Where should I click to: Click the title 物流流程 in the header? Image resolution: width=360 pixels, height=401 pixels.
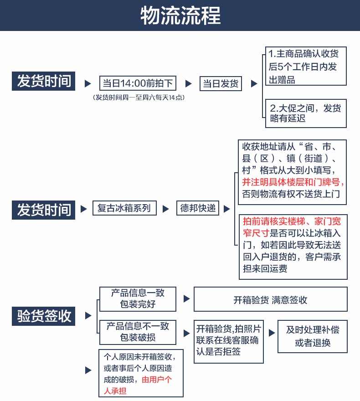180,15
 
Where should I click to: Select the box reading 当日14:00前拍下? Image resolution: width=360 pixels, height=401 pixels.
138,83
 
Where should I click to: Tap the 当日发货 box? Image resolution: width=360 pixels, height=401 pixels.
221,83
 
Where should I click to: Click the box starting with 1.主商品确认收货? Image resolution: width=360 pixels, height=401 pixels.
306,66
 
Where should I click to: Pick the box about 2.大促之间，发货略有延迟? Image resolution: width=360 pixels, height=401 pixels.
306,113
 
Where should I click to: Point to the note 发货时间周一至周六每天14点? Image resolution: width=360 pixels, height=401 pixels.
139,98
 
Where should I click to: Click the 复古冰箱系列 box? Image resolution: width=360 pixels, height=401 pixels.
124,208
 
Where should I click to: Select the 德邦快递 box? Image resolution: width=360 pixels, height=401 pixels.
198,208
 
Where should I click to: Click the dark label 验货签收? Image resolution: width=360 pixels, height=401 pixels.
43,316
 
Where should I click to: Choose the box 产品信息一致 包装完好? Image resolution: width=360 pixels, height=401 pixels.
138,299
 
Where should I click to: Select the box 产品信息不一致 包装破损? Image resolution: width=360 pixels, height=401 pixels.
138,332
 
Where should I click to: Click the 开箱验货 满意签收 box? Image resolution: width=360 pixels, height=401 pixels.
271,299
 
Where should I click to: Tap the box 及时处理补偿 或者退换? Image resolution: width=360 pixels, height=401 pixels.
313,336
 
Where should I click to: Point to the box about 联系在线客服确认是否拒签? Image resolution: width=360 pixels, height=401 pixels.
229,341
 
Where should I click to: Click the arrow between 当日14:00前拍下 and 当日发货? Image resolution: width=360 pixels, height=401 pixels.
189,83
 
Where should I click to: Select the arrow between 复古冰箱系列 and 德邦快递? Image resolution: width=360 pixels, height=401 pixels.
166,209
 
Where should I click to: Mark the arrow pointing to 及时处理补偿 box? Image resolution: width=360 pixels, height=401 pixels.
272,333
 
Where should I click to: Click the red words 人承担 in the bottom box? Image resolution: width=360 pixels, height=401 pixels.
115,391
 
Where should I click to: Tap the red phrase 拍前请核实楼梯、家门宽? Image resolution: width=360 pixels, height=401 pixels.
292,221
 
